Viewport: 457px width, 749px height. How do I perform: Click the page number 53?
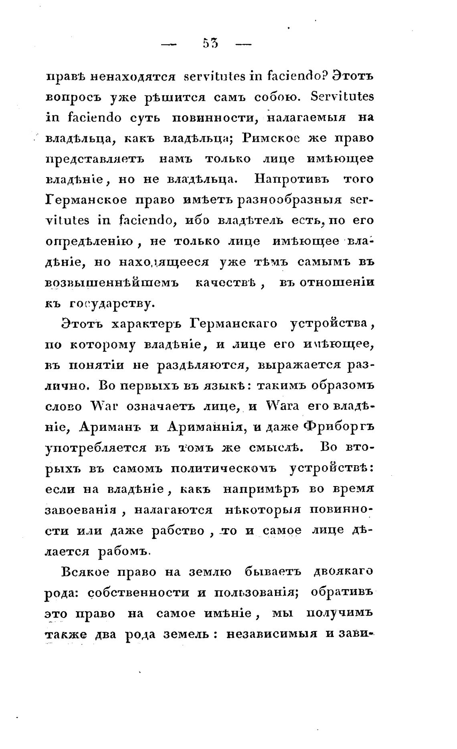[210, 43]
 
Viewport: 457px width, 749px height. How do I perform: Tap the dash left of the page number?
[168, 44]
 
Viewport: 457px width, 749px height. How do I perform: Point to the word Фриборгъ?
[339, 427]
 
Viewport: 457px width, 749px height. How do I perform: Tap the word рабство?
[182, 531]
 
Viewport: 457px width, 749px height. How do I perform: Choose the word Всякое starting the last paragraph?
[85, 571]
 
